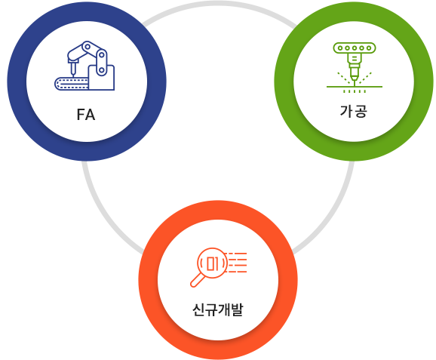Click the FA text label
[x=86, y=115]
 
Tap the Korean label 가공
[x=354, y=111]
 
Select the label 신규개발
[x=218, y=309]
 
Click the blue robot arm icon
[x=84, y=66]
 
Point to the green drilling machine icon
[x=355, y=68]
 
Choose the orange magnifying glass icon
[x=219, y=267]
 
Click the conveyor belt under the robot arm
[x=72, y=84]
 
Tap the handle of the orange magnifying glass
[x=198, y=280]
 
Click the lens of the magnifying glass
[x=212, y=263]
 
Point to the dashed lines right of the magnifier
[x=237, y=263]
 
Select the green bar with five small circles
[x=355, y=48]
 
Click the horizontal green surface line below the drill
[x=355, y=87]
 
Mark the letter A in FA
[x=91, y=115]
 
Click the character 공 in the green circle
[x=361, y=111]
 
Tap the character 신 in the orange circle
[x=198, y=309]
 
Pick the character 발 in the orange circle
[x=237, y=309]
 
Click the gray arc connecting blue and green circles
[x=219, y=3]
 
